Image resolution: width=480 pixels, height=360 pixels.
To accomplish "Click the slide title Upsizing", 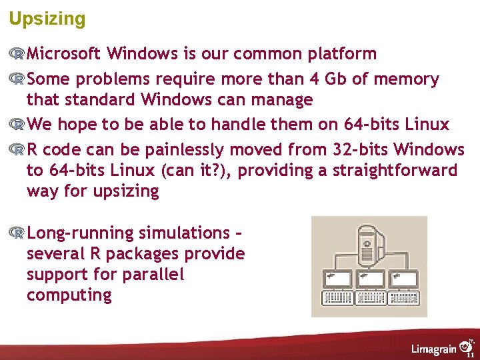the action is [47, 19].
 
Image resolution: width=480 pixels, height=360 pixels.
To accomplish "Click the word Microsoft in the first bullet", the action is [64, 53].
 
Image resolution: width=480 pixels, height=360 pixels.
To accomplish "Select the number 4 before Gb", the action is [315, 79].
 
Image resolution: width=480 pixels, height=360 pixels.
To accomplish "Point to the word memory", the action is [406, 79].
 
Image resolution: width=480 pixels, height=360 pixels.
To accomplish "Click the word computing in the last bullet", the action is [69, 295].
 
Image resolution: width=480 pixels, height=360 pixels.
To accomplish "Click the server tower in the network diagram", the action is [368, 243].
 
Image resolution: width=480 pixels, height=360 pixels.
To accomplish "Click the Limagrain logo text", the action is [434, 349].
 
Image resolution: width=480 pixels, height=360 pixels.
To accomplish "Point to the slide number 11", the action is [470, 355].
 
